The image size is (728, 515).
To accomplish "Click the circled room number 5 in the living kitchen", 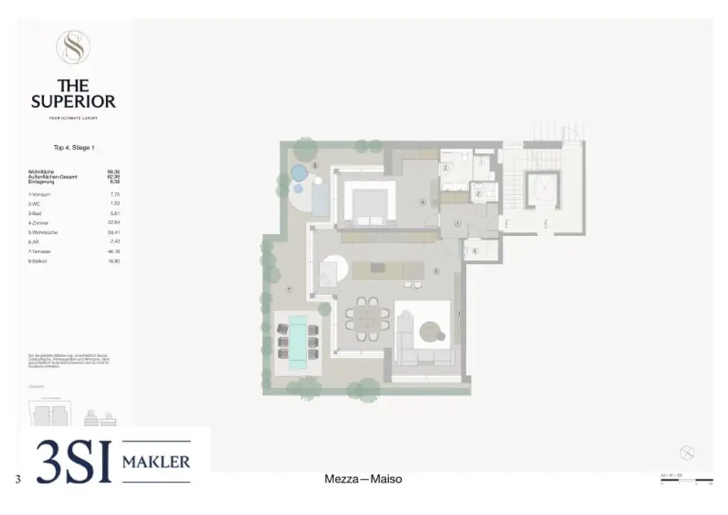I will pyautogui.click(x=436, y=270).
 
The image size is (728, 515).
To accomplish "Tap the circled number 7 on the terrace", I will pyautogui.click(x=289, y=290).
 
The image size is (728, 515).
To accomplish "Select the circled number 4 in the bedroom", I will pyautogui.click(x=422, y=202).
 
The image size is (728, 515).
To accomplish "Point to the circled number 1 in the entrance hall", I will pyautogui.click(x=458, y=223).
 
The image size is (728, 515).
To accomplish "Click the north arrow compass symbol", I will pyautogui.click(x=687, y=452).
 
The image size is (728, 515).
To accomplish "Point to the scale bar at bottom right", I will pyautogui.click(x=686, y=480).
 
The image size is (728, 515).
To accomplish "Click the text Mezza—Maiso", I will pyautogui.click(x=363, y=479).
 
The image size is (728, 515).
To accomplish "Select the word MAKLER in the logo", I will pyautogui.click(x=156, y=462).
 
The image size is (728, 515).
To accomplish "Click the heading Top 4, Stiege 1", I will pyautogui.click(x=74, y=148).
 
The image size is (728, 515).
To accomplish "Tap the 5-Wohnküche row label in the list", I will pyautogui.click(x=42, y=232).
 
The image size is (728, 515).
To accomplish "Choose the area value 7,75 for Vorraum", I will pyautogui.click(x=114, y=194).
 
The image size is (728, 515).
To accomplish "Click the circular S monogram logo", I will pyautogui.click(x=73, y=48).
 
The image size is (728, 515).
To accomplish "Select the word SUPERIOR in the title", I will pyautogui.click(x=73, y=101).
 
